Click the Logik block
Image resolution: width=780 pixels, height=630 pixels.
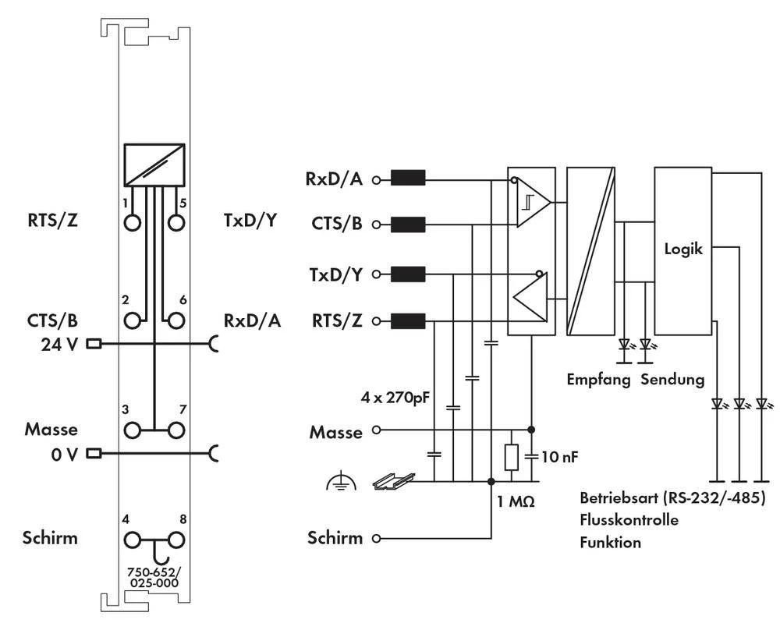[683, 250]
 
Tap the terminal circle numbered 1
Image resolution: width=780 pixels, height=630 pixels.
[131, 221]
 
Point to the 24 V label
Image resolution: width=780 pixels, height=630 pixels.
[59, 343]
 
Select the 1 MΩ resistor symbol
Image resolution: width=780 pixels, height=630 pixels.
[511, 457]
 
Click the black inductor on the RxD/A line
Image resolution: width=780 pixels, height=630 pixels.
[407, 179]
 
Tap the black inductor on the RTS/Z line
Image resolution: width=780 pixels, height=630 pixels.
[407, 320]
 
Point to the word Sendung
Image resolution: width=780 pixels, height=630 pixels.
[673, 380]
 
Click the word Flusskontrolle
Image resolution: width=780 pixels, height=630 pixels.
[629, 519]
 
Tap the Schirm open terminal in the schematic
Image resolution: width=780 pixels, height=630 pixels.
[377, 538]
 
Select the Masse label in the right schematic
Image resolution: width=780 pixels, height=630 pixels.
[336, 430]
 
